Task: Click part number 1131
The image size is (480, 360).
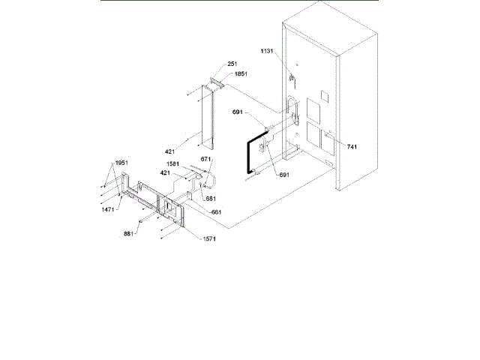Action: coord(268,50)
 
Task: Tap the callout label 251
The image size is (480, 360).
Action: coord(232,64)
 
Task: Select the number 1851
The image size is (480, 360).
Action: coord(241,73)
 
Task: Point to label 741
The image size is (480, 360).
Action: coord(352,147)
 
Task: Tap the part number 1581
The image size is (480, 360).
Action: coord(172,164)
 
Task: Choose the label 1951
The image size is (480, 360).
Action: coord(121,163)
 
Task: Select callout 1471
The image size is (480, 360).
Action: coord(109,211)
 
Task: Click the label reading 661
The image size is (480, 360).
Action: coord(216,212)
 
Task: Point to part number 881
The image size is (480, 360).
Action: coord(128,233)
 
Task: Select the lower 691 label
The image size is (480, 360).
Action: coord(283,174)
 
